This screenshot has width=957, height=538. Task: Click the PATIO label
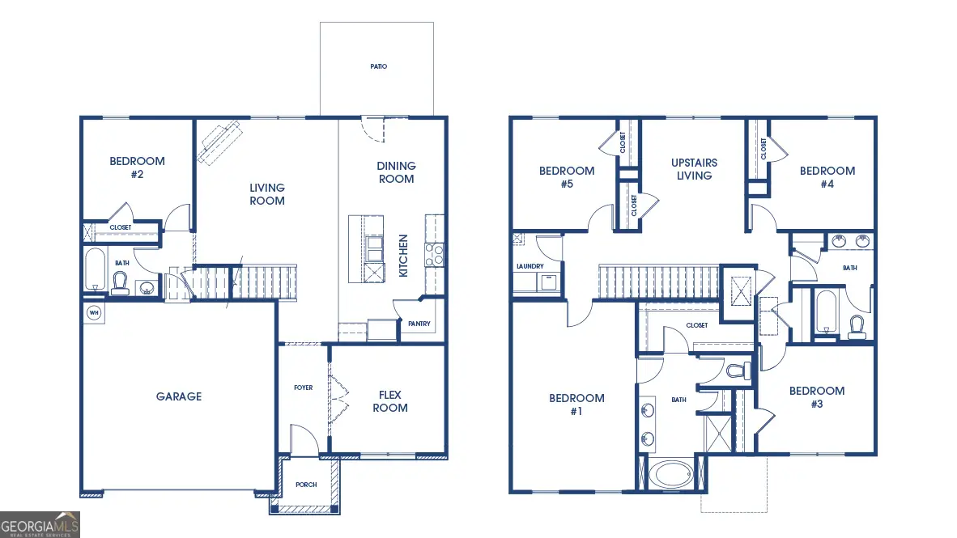(x=378, y=66)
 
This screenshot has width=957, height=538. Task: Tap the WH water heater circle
(x=93, y=312)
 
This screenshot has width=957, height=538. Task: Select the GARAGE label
(x=179, y=396)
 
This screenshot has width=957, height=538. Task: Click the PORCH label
(x=306, y=485)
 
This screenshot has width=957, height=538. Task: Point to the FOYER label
(x=303, y=388)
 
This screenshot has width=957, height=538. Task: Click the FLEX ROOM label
(x=390, y=401)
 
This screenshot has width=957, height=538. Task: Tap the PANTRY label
(x=419, y=324)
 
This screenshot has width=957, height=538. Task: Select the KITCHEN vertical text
(x=403, y=256)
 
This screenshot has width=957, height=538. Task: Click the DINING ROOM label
(x=396, y=172)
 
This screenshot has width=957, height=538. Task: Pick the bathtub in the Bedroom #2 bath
(x=96, y=269)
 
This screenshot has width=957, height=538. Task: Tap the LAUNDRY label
(x=530, y=266)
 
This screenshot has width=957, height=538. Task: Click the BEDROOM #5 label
(x=567, y=177)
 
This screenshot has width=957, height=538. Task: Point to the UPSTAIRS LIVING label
(x=694, y=169)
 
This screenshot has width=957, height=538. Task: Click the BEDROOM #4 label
(x=827, y=177)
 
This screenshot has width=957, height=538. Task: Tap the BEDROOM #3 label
(x=817, y=396)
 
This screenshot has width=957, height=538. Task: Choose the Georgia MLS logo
(x=40, y=524)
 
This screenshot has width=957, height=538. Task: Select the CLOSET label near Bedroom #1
(x=696, y=325)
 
